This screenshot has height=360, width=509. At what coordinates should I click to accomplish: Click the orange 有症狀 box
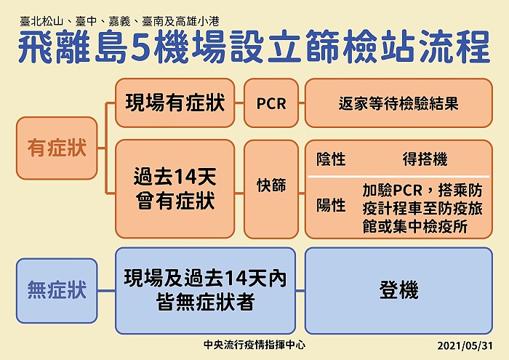tap(57, 148)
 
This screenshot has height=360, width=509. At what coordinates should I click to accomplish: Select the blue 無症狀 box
tap(57, 290)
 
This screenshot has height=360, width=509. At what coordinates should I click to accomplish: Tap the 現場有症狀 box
tap(175, 103)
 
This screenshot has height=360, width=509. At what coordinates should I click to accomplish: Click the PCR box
tap(271, 103)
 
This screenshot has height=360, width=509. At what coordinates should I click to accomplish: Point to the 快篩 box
tap(271, 189)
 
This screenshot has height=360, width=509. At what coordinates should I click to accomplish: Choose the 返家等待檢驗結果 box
tap(398, 103)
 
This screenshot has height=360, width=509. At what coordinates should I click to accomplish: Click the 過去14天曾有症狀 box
tap(175, 189)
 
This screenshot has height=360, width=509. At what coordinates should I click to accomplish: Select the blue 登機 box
tap(398, 290)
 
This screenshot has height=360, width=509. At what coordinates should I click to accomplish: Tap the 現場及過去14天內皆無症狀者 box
tap(205, 290)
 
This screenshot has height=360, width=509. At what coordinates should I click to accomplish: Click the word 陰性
tap(331, 159)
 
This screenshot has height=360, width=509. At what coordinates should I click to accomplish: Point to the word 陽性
tap(331, 205)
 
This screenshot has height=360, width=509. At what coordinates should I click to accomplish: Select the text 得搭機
tap(425, 159)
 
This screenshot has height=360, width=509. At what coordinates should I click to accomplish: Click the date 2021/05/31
tap(465, 345)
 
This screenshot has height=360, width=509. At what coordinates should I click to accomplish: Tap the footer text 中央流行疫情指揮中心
tap(254, 345)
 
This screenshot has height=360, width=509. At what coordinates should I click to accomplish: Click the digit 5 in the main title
tap(141, 47)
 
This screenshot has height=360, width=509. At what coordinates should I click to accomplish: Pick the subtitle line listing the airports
tap(119, 22)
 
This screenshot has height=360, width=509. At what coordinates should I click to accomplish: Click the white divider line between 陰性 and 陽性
tap(398, 177)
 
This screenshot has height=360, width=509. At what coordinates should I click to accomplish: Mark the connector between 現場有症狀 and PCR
tap(239, 103)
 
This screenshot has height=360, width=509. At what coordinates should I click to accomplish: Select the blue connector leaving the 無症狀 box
tap(106, 290)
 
